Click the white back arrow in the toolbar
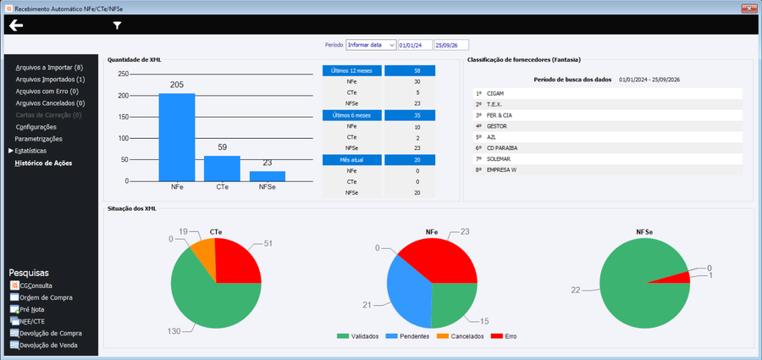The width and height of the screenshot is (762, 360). [16, 25]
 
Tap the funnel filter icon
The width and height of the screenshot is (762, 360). [117, 25]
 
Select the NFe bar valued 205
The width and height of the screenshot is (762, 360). [177, 137]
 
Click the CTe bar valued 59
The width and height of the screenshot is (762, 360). [222, 169]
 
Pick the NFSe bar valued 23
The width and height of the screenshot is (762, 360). [268, 176]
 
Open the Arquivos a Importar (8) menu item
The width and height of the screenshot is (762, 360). [49, 68]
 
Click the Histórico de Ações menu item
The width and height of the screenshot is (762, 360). [43, 163]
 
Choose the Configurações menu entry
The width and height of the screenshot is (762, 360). [36, 127]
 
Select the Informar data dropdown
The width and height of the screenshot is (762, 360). [372, 45]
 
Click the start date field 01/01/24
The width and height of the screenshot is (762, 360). [416, 45]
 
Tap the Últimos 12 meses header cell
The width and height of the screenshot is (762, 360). [352, 70]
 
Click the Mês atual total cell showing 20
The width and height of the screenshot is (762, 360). [410, 160]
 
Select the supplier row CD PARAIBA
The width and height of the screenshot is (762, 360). [607, 148]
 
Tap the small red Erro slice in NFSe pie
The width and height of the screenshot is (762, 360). [681, 277]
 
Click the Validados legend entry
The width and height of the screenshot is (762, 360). [359, 336]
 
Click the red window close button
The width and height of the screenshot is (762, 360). [748, 8]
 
